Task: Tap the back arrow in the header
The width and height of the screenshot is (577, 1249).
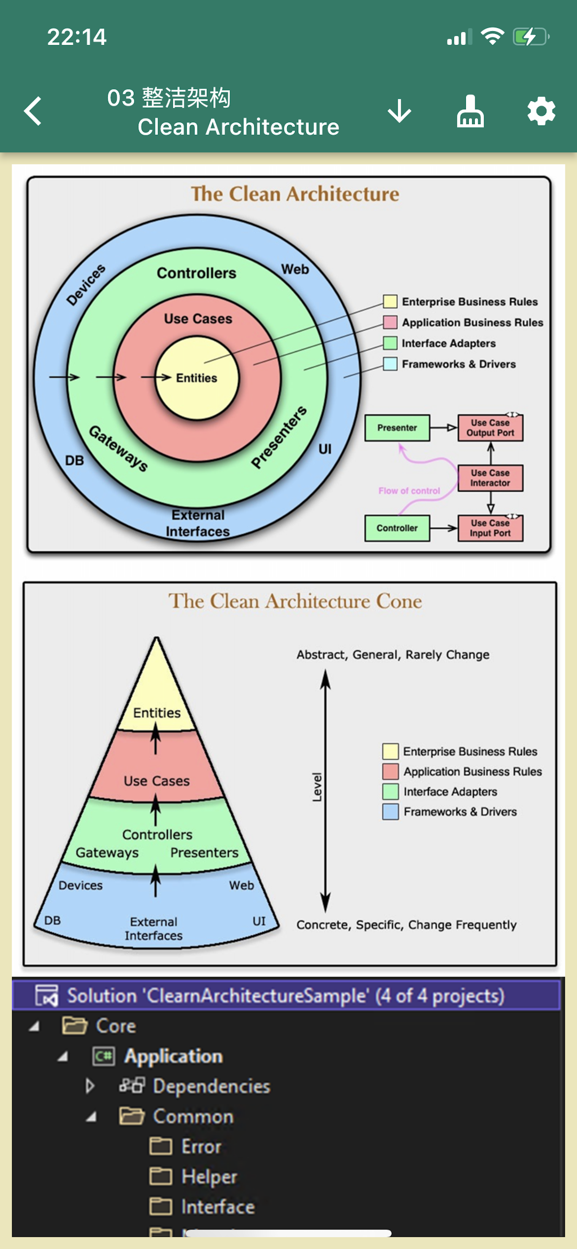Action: pyautogui.click(x=33, y=111)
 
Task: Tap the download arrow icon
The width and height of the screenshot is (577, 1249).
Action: pyautogui.click(x=399, y=111)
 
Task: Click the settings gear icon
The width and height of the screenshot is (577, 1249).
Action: pyautogui.click(x=541, y=111)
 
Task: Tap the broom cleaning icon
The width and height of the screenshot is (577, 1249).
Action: pyautogui.click(x=470, y=111)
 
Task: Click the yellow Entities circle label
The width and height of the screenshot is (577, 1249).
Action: pyautogui.click(x=197, y=378)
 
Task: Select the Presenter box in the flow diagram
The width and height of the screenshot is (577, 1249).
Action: pyautogui.click(x=397, y=427)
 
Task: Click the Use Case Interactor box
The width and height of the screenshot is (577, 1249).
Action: pyautogui.click(x=490, y=478)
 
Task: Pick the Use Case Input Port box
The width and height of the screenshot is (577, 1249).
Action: pyautogui.click(x=490, y=528)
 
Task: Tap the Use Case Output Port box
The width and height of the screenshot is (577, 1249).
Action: pyautogui.click(x=490, y=427)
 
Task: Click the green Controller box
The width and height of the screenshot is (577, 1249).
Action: pyautogui.click(x=397, y=528)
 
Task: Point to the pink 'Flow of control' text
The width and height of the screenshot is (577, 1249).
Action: pyautogui.click(x=409, y=491)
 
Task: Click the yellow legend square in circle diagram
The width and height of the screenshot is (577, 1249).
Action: pyautogui.click(x=390, y=302)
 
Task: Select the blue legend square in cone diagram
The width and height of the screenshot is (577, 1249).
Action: pyautogui.click(x=390, y=812)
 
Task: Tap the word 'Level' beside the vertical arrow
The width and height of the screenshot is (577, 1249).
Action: pyautogui.click(x=317, y=787)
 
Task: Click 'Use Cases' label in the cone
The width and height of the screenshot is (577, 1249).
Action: pyautogui.click(x=157, y=781)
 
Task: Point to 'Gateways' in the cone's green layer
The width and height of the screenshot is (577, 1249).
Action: pyautogui.click(x=107, y=853)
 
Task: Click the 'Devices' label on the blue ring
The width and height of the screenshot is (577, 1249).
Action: pyautogui.click(x=86, y=285)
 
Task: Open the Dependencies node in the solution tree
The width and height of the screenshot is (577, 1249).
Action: pyautogui.click(x=211, y=1086)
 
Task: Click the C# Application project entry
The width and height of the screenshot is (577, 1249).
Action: pyautogui.click(x=174, y=1056)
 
